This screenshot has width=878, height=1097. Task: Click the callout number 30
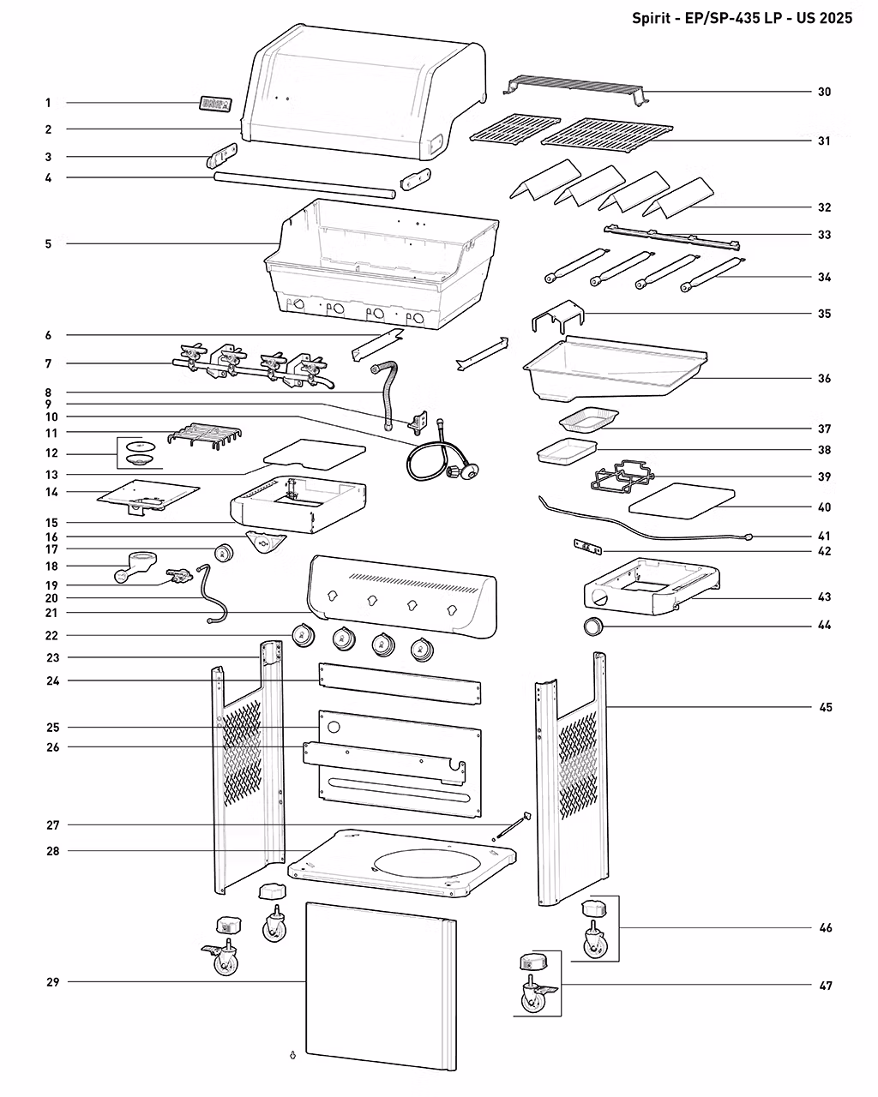824,92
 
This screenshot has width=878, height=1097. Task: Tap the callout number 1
48,103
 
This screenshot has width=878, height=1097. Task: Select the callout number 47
825,986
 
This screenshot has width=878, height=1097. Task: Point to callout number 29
52,982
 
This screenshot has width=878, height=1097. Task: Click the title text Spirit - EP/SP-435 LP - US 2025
742,18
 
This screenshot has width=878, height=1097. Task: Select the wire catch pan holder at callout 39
622,476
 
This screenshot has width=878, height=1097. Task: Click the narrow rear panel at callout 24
400,683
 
